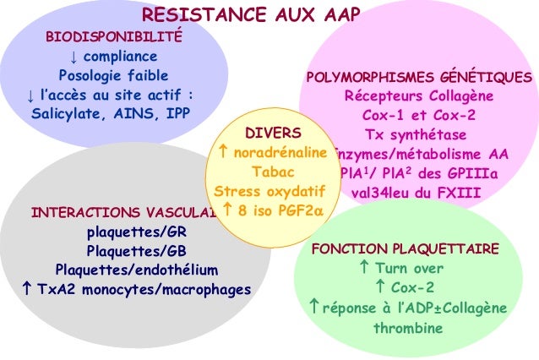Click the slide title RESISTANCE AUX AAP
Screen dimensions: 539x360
point(251,14)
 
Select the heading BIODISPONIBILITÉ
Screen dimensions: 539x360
point(112,39)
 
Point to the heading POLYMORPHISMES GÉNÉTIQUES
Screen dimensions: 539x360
point(418,78)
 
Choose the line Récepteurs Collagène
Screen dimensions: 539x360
point(418,96)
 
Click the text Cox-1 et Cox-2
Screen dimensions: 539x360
point(418,116)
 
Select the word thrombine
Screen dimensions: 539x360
point(408,326)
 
